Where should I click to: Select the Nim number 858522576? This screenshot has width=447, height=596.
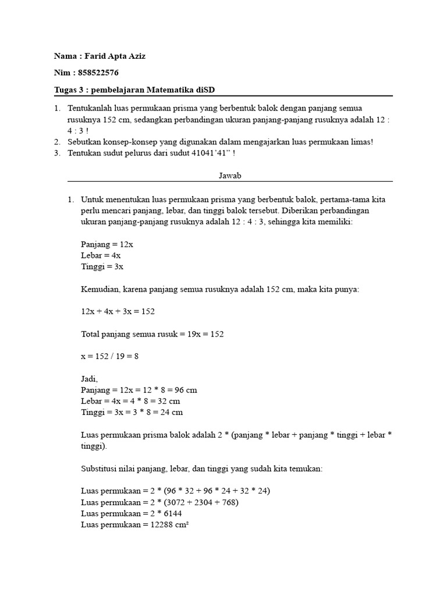[x=100, y=73]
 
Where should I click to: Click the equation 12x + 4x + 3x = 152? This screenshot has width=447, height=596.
[x=118, y=311]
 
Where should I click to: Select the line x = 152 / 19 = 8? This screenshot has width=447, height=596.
[x=110, y=356]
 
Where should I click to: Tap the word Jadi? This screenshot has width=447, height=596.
[x=90, y=379]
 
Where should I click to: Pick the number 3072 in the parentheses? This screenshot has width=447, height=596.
[x=176, y=502]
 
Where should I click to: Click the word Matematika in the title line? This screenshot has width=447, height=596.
[x=171, y=89]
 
